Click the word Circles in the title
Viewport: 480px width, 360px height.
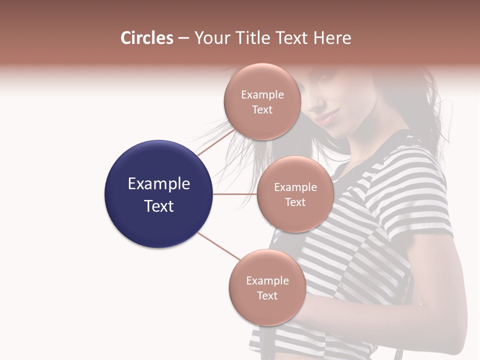coord(146,38)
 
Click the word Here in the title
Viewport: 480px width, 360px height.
coord(332,38)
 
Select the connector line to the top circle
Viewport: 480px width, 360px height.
coord(215,141)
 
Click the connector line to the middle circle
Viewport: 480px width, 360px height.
coord(235,194)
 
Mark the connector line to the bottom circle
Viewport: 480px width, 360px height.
coord(219,246)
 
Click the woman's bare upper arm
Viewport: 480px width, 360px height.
coord(440,280)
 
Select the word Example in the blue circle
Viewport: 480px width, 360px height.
coord(158,184)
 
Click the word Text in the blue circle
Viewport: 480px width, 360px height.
coord(158,206)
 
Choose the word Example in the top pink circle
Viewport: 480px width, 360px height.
coord(262,94)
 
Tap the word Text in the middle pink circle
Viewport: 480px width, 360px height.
coord(295,202)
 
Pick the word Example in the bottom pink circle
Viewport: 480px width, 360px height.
coord(267,280)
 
